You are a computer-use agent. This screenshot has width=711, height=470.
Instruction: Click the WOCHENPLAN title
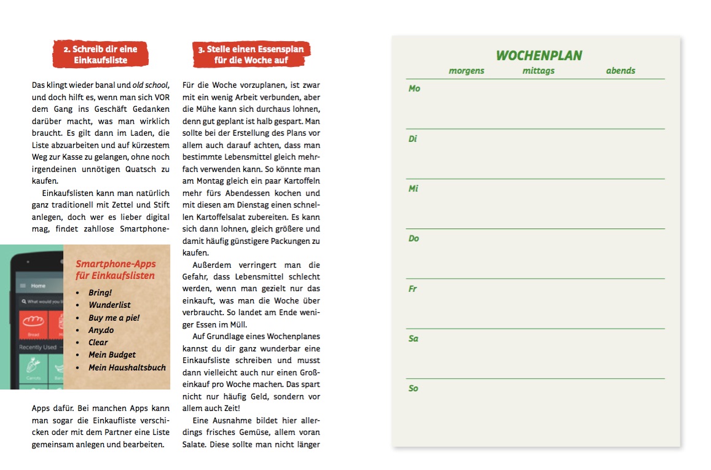tap(539, 56)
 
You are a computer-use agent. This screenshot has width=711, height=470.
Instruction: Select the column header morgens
tap(466, 71)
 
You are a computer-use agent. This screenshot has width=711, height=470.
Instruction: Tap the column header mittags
tap(538, 71)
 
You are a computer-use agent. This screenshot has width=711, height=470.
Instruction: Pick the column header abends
tap(621, 71)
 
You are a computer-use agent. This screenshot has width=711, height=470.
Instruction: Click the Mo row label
tap(414, 88)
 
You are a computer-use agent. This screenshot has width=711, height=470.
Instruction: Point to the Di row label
tap(413, 139)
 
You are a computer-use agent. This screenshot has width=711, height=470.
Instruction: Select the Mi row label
tap(413, 189)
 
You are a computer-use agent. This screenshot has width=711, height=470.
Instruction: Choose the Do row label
tap(414, 238)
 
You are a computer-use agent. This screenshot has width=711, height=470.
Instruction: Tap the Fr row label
tap(413, 289)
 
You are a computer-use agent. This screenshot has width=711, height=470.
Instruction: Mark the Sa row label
tap(414, 339)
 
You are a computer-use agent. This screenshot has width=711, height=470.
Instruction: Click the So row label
tap(414, 388)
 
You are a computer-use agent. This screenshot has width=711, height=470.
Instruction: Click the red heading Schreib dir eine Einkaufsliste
tap(100, 55)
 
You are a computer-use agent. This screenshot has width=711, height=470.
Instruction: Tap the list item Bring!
tap(100, 292)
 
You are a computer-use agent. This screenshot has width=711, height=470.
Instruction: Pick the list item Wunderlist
tap(109, 305)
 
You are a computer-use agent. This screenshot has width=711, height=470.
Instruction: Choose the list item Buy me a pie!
tap(114, 318)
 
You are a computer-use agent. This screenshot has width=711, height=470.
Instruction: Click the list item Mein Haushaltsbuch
tap(127, 367)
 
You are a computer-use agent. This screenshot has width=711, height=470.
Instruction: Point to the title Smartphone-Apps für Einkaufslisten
tap(116, 270)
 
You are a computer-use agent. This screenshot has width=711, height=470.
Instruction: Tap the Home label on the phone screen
tap(38, 286)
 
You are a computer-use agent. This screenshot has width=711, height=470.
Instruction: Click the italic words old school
tap(150, 85)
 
